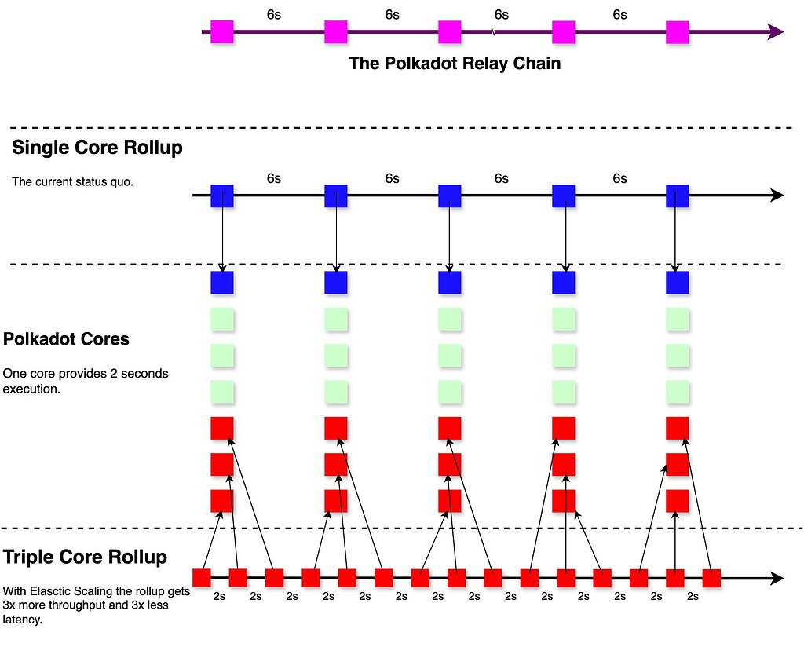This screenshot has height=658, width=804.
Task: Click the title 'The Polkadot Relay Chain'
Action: tap(455, 64)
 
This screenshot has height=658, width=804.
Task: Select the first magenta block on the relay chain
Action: tap(222, 32)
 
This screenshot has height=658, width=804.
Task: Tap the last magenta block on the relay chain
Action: tap(677, 32)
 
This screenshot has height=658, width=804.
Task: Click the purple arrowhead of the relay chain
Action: tap(776, 32)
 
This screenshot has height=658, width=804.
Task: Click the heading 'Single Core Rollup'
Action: tap(97, 148)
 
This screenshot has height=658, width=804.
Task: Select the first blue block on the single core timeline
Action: tap(222, 196)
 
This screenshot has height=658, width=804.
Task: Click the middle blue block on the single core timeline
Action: tap(449, 196)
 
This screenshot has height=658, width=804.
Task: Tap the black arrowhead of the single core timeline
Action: tap(777, 196)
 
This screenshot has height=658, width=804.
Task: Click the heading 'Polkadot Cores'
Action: tap(66, 340)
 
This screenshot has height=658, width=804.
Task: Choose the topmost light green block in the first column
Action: tap(222, 320)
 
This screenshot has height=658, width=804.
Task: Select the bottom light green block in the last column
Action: tap(677, 391)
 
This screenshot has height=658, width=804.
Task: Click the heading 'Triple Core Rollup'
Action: tap(85, 557)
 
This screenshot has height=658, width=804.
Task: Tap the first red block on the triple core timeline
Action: tap(202, 578)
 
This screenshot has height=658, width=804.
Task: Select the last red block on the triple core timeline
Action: tap(711, 578)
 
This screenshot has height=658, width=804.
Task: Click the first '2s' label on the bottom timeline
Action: tap(220, 597)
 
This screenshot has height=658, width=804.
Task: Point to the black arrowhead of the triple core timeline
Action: tap(777, 579)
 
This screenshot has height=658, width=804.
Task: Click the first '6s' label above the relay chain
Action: tap(274, 15)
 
